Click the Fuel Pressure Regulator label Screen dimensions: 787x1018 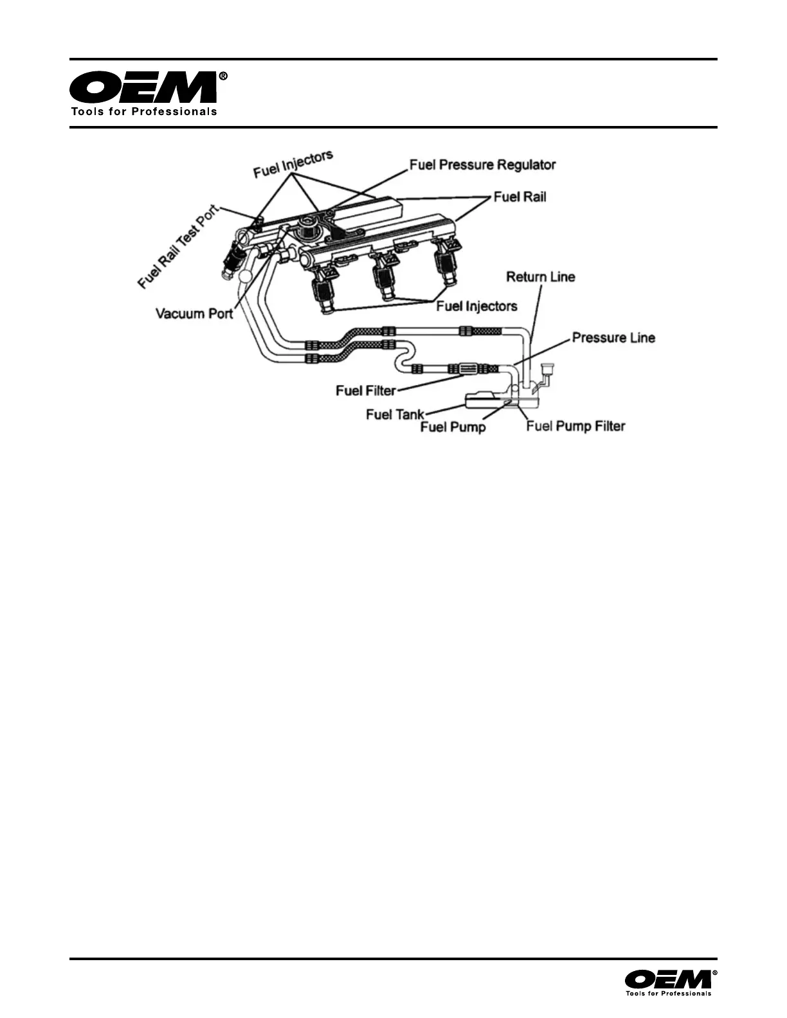tap(482, 165)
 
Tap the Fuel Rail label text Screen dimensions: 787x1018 tap(520, 197)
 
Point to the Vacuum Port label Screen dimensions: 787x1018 tap(194, 314)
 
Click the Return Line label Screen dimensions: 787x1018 tap(540, 277)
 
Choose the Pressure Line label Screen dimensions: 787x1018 tap(613, 337)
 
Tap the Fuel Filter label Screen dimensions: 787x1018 tap(365, 391)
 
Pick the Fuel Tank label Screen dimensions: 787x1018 tap(395, 415)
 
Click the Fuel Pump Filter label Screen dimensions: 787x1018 tap(575, 426)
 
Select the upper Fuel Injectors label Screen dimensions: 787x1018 tap(293, 165)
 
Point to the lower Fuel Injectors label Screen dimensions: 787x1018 tap(476, 306)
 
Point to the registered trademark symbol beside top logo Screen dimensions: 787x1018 tap(223, 76)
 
